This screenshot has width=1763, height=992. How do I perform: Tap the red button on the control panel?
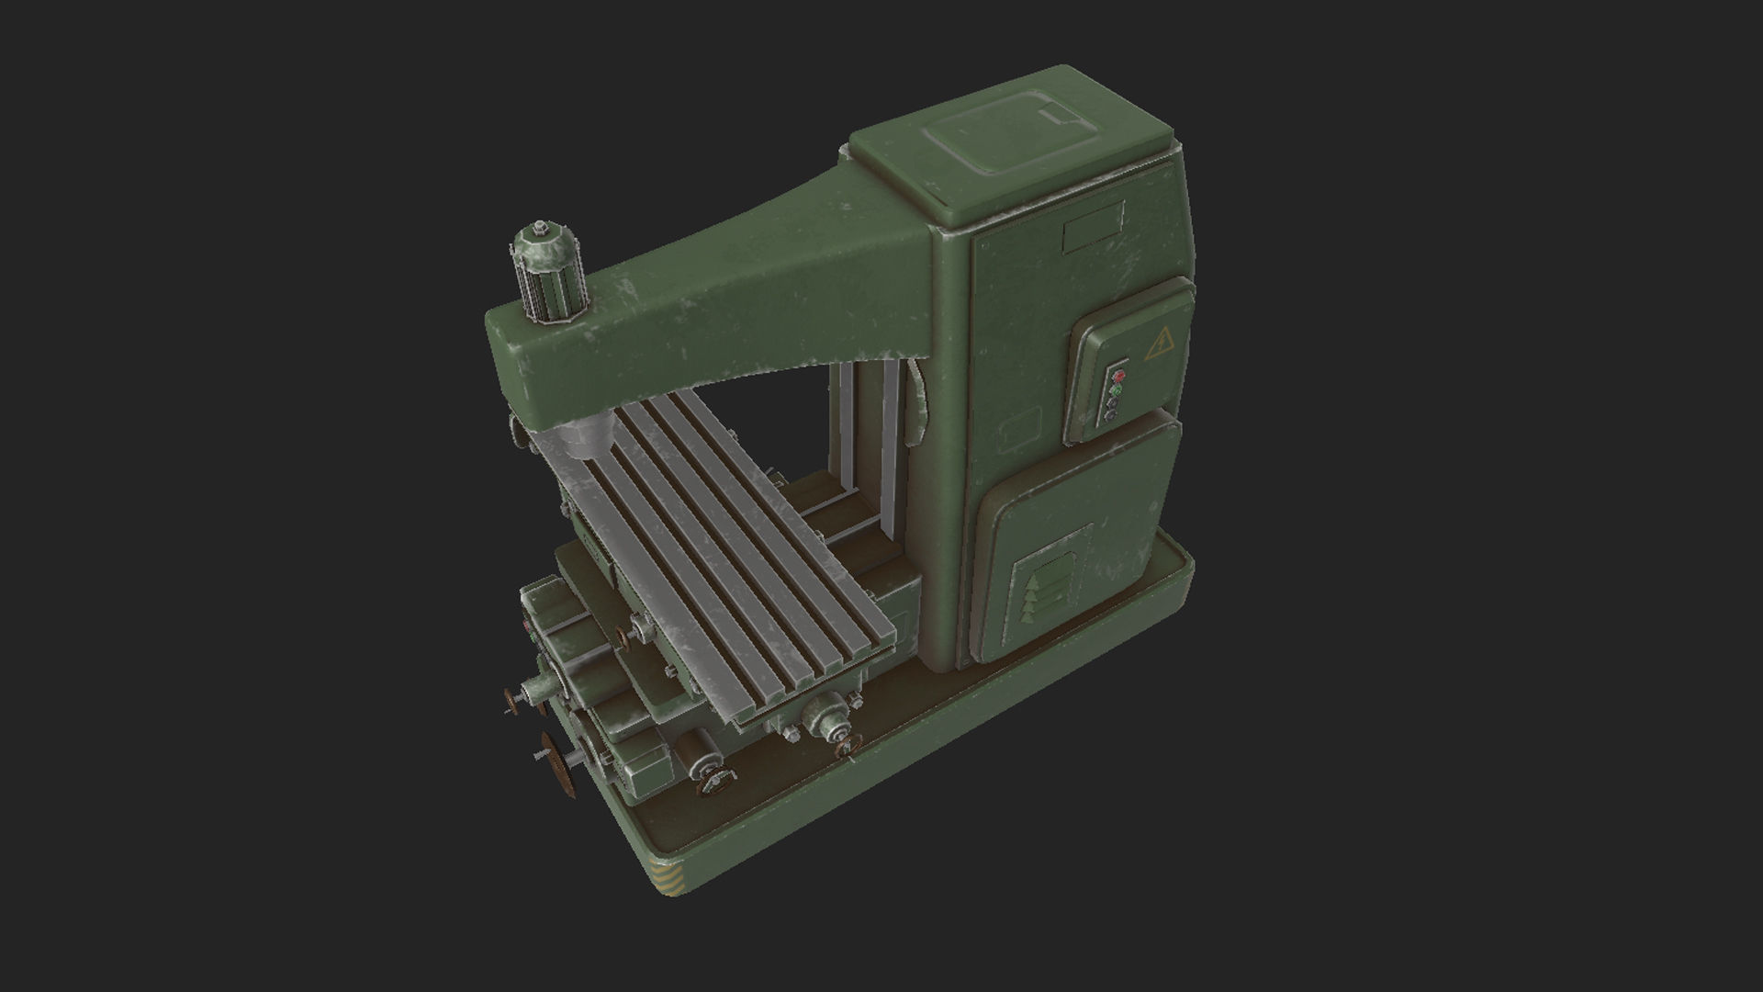click(x=1118, y=375)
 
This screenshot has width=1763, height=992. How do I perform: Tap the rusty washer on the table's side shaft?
click(x=624, y=638)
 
